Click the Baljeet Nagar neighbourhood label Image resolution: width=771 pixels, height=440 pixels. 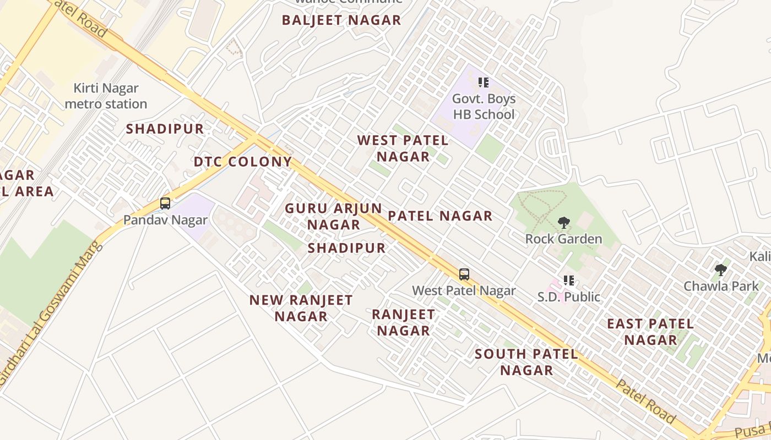coord(341,20)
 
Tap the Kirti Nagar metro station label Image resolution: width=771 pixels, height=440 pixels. coord(106,96)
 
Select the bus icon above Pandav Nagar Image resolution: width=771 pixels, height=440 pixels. coord(165,204)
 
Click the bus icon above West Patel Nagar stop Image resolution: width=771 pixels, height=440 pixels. coord(464,274)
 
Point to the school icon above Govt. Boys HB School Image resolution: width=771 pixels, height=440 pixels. coord(484,82)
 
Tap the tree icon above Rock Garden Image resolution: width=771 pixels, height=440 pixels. coord(563,223)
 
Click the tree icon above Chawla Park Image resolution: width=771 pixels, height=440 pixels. coord(720,269)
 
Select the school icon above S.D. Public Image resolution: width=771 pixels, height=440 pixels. coord(569,280)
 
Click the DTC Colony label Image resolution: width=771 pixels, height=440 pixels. coord(243,162)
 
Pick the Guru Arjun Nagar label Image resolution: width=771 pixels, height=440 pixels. coord(333,217)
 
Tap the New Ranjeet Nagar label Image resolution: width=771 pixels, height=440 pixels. coord(301,308)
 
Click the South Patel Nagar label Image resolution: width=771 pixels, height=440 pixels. coord(526,362)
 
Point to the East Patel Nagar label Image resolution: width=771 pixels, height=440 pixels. coord(650,332)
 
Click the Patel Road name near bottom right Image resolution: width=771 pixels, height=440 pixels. coord(644,402)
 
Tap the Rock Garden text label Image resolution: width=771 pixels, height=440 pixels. coord(563,239)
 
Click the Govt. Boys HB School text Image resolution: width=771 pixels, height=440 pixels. coord(484,107)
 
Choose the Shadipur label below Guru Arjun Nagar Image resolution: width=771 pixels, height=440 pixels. coord(346,248)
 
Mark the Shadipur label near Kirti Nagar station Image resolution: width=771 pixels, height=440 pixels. coord(165,129)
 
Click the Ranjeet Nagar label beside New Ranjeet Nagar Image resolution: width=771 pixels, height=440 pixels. coord(404,322)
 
